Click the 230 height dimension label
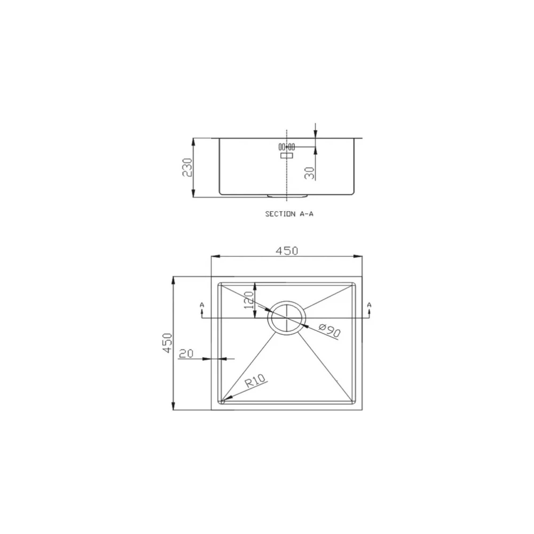[x=187, y=167]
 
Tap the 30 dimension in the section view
[x=310, y=173]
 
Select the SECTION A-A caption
[x=289, y=214]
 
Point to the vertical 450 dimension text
[x=167, y=343]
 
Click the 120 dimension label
[x=249, y=300]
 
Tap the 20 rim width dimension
[x=186, y=353]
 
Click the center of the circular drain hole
[x=287, y=319]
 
